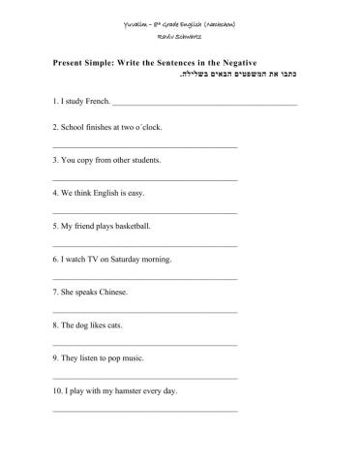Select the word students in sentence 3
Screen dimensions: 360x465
(x=145, y=160)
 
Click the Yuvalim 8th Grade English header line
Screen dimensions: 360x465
(x=180, y=22)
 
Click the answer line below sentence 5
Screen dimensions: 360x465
(x=144, y=245)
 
